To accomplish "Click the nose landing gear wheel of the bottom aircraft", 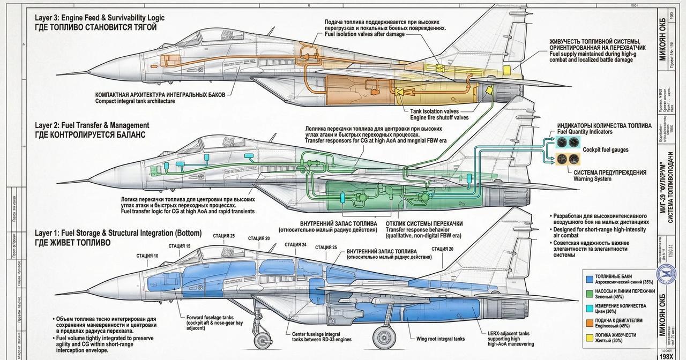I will tap(261, 340).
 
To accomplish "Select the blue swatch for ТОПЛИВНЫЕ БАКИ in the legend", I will tap(589, 280).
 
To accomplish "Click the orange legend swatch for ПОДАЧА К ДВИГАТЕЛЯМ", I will tap(589, 323).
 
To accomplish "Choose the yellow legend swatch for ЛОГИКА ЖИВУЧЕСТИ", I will tap(589, 337).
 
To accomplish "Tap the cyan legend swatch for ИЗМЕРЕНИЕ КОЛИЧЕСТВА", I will tap(589, 309).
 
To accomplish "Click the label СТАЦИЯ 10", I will tap(147, 256).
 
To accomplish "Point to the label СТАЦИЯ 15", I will tap(179, 246).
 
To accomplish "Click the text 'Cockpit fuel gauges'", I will tap(606, 149).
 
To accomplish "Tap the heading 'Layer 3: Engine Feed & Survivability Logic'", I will tap(100, 18).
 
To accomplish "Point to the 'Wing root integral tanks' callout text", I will tap(441, 339).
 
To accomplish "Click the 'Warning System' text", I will tap(592, 179).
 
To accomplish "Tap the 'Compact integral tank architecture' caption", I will tap(135, 101).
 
